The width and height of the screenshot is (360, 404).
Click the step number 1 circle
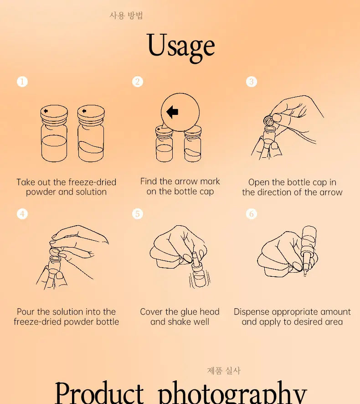(22, 82)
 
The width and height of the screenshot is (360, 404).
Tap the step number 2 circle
(138, 82)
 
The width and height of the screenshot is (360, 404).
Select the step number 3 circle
(252, 82)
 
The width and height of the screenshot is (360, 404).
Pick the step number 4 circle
(22, 214)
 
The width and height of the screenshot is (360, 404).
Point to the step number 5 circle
(138, 214)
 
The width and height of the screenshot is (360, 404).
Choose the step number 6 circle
(252, 214)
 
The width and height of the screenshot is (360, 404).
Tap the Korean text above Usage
(126, 16)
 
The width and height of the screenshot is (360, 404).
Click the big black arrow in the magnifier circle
(172, 112)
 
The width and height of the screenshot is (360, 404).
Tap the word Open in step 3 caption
(259, 183)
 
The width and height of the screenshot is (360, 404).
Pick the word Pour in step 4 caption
(26, 312)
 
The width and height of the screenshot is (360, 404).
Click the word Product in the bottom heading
(99, 393)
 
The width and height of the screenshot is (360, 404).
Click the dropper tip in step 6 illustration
(305, 274)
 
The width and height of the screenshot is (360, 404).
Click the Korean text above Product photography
(224, 371)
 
